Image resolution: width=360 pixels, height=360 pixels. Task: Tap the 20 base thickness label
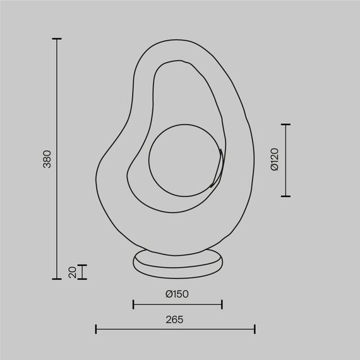(73, 272)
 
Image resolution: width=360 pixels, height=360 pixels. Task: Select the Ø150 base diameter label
(177, 294)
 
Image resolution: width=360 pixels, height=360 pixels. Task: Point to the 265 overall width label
(175, 320)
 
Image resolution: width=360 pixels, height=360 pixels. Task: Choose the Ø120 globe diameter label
(274, 160)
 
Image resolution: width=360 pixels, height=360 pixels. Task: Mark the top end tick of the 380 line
(57, 39)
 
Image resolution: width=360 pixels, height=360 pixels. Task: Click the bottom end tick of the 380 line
(57, 279)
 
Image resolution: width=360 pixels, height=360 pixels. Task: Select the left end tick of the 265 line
(96, 329)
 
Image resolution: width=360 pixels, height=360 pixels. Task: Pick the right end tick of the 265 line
(255, 329)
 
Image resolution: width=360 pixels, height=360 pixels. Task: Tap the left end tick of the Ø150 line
(133, 304)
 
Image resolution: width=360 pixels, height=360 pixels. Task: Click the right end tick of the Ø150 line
(222, 304)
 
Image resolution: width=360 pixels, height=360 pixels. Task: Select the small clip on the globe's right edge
(218, 167)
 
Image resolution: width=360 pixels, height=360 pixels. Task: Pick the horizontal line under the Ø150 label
(177, 304)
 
